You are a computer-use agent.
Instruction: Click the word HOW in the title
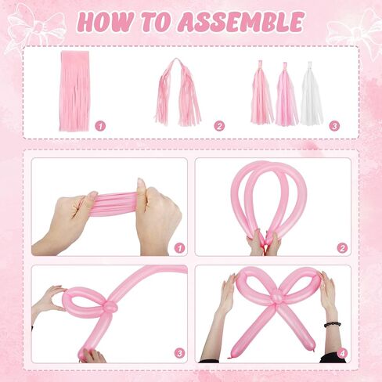104,22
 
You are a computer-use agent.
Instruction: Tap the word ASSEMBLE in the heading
240,22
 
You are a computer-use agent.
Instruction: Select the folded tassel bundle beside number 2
178,92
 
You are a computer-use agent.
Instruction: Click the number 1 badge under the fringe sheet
99,125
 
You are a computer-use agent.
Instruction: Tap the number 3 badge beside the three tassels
334,125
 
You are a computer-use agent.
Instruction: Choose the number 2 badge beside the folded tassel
219,125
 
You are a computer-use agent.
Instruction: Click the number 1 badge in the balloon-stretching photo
179,247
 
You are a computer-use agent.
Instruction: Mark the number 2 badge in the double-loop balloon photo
342,247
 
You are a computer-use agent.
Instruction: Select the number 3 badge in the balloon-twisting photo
179,353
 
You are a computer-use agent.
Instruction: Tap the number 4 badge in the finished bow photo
342,353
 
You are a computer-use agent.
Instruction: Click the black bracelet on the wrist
332,323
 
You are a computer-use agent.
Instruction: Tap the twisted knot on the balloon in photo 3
110,307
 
